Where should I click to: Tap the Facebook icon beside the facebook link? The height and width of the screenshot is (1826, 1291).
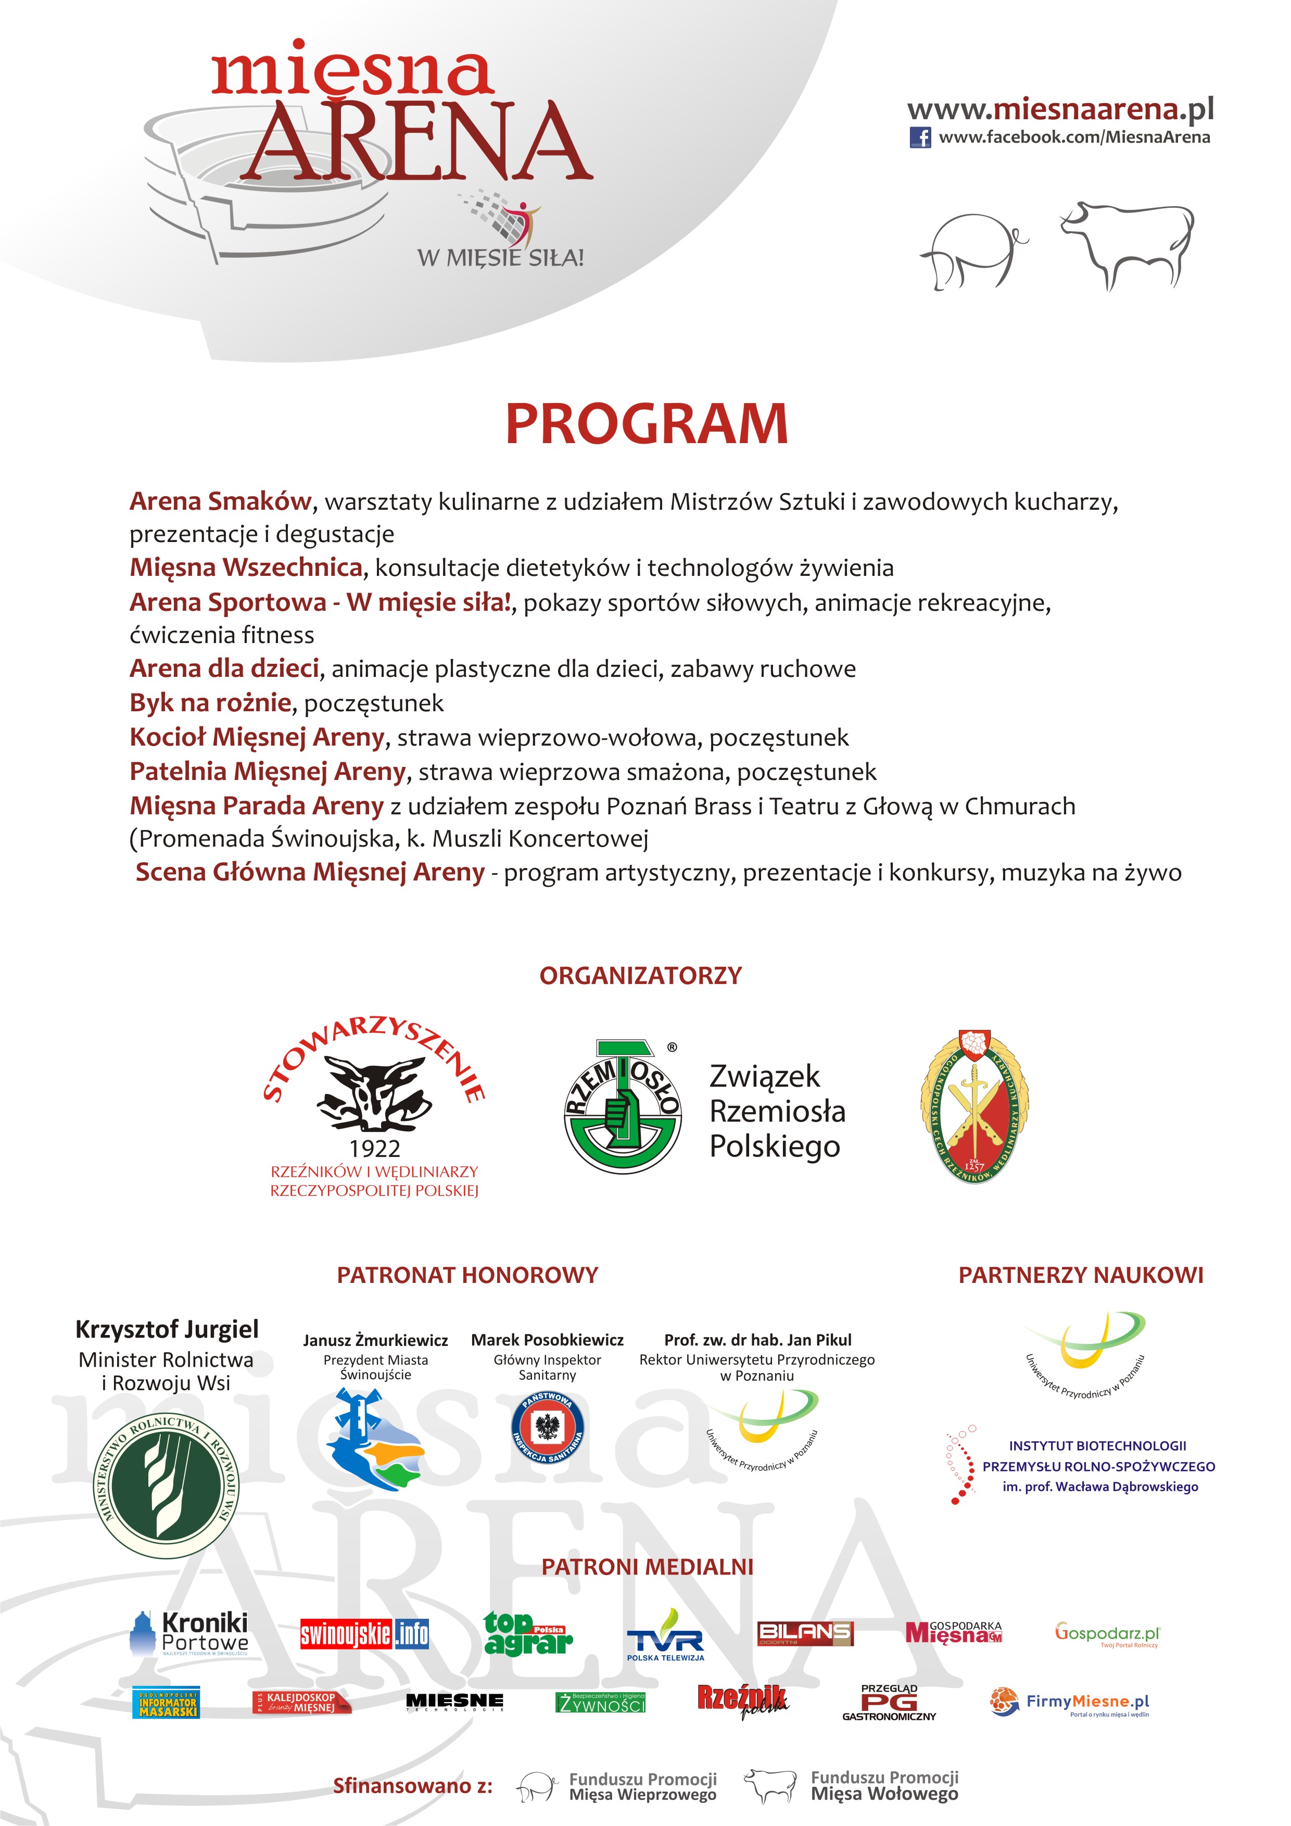pyautogui.click(x=920, y=137)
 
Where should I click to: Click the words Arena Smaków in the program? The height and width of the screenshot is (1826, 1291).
pyautogui.click(x=220, y=501)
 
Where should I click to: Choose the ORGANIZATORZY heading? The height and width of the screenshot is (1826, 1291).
pyautogui.click(x=640, y=976)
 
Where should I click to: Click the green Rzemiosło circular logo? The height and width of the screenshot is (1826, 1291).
pyautogui.click(x=623, y=1106)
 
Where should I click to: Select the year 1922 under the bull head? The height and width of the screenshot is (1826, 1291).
pyautogui.click(x=374, y=1149)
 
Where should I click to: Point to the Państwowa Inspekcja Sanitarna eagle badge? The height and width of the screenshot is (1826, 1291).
pyautogui.click(x=547, y=1428)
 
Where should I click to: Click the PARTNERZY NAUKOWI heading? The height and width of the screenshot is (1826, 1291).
pyautogui.click(x=1080, y=1275)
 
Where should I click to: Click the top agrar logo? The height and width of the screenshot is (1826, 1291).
pyautogui.click(x=528, y=1633)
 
